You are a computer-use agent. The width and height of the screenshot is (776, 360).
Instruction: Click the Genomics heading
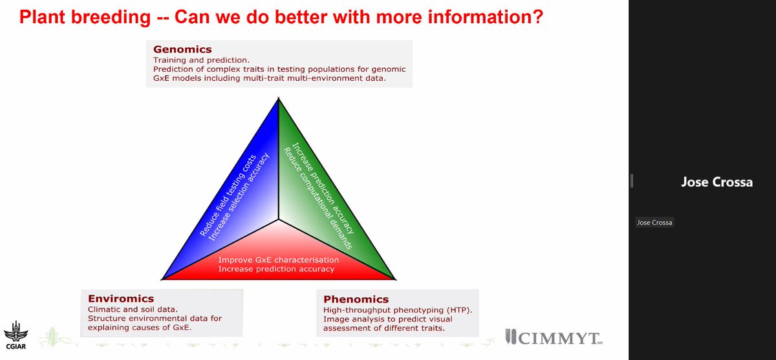point(183,49)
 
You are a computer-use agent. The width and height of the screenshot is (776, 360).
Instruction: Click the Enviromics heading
point(121,299)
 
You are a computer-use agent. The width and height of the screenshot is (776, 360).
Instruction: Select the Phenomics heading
point(356,299)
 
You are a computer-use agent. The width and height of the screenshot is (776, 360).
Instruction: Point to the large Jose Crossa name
point(717,182)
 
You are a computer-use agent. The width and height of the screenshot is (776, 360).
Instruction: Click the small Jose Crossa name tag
point(656,223)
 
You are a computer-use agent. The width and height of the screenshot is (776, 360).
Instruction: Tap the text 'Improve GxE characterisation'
point(279,259)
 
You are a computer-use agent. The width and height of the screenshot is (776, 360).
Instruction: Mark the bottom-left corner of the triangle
point(162,279)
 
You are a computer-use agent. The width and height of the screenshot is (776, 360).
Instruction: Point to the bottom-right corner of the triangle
point(394,279)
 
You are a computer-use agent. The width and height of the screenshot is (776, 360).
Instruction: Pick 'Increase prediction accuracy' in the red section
point(276,269)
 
